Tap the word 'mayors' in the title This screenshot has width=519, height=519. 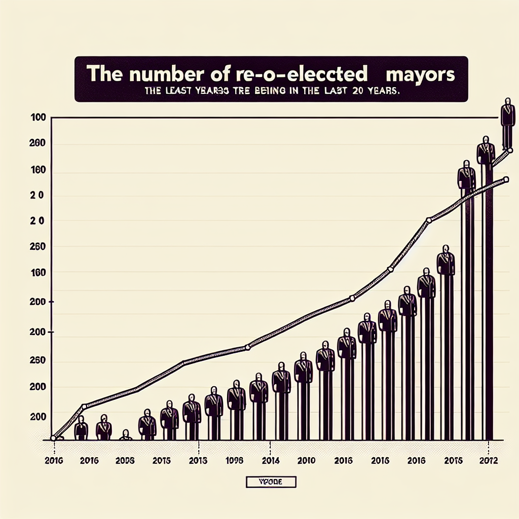click(420, 74)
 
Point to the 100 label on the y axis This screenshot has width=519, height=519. click(39, 118)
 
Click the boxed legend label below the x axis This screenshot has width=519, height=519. click(271, 481)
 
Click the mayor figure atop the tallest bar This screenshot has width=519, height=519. click(486, 151)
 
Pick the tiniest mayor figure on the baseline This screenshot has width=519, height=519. click(126, 435)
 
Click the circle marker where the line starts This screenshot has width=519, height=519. click(53, 438)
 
